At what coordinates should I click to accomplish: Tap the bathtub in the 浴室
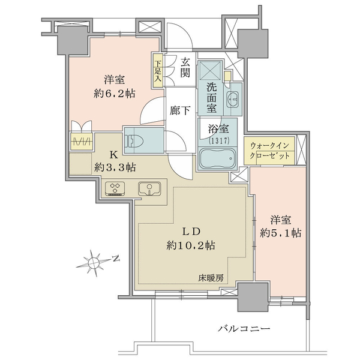coord(217,158)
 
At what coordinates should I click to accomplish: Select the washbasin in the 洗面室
coord(233,99)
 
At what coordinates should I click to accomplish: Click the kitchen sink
coord(149,188)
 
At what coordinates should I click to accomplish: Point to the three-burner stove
coord(115,189)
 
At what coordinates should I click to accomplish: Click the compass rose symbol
coord(93,262)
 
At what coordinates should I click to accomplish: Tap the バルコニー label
coord(244,329)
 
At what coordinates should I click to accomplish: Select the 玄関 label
coord(185,67)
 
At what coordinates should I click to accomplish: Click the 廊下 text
coord(180,110)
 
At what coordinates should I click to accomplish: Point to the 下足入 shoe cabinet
coord(157,70)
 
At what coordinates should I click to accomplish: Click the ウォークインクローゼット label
coord(269,151)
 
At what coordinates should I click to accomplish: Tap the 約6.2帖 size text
coord(115,94)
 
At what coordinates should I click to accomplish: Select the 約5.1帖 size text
coord(281,233)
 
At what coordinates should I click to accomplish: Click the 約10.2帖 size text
coord(191,245)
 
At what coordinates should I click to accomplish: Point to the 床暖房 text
coord(211,278)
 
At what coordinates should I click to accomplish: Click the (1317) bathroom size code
coord(219,141)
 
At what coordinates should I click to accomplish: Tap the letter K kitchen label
coord(113,155)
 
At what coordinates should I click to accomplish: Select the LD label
coord(191,232)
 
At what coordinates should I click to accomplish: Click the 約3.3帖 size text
coord(115,168)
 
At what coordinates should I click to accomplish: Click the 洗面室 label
coord(211,97)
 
